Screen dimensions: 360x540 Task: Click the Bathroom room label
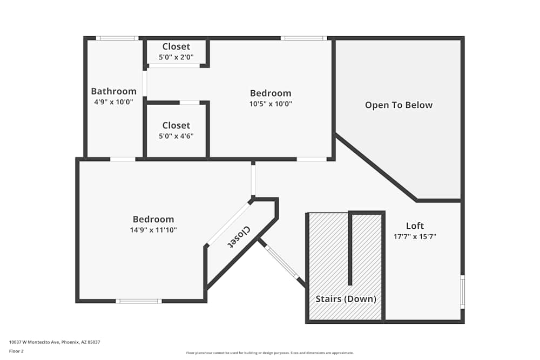point(113,91)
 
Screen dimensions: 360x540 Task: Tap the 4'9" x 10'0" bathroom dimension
point(113,101)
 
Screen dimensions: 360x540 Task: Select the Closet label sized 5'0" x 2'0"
point(176,47)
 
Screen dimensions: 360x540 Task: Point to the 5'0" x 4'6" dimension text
point(176,136)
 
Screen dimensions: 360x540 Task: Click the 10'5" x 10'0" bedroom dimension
point(271,104)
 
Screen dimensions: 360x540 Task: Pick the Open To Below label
point(399,105)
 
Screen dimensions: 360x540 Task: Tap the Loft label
point(415,226)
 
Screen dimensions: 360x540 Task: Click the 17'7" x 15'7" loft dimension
point(415,236)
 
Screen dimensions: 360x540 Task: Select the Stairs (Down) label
point(346,299)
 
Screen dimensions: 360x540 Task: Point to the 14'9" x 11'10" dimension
point(153,230)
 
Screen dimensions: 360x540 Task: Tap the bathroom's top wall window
point(117,38)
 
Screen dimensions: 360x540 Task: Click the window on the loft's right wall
point(462,292)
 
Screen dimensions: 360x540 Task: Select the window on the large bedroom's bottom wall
point(139,301)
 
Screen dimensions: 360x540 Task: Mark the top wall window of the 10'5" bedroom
point(303,38)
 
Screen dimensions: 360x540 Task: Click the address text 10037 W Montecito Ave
point(55,342)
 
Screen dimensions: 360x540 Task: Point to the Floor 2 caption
point(17,351)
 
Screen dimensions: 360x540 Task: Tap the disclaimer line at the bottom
point(270,354)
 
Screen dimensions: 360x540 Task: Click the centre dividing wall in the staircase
point(350,248)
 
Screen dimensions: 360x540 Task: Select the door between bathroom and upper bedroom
point(145,83)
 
